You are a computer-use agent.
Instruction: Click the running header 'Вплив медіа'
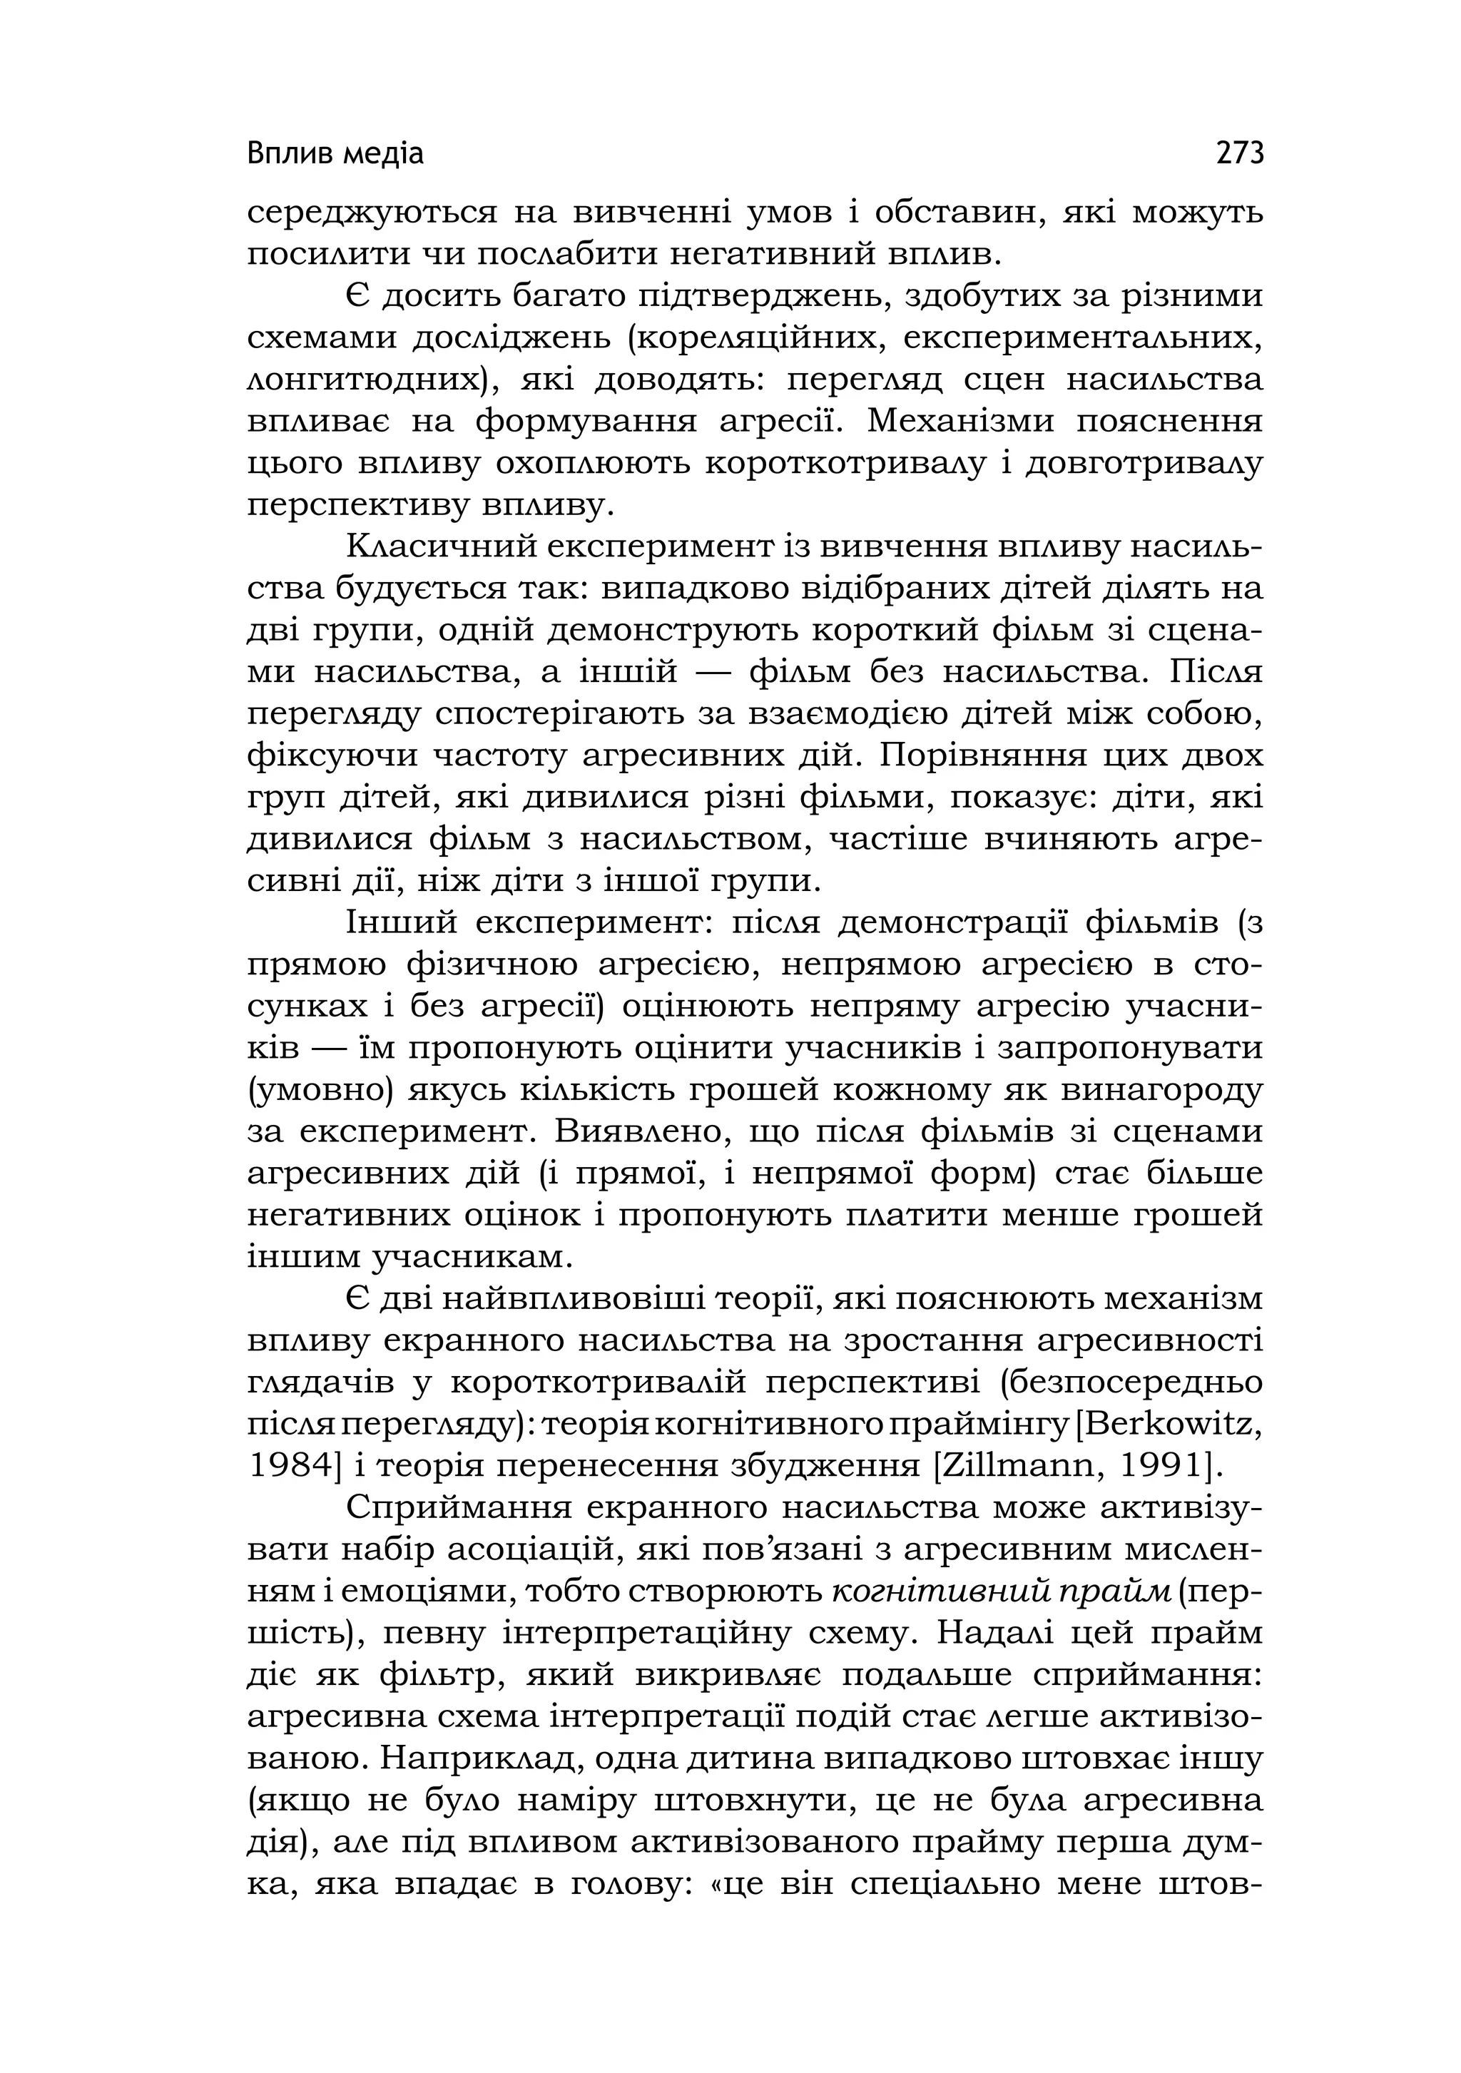(x=335, y=156)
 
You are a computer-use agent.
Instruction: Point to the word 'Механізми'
(x=960, y=422)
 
